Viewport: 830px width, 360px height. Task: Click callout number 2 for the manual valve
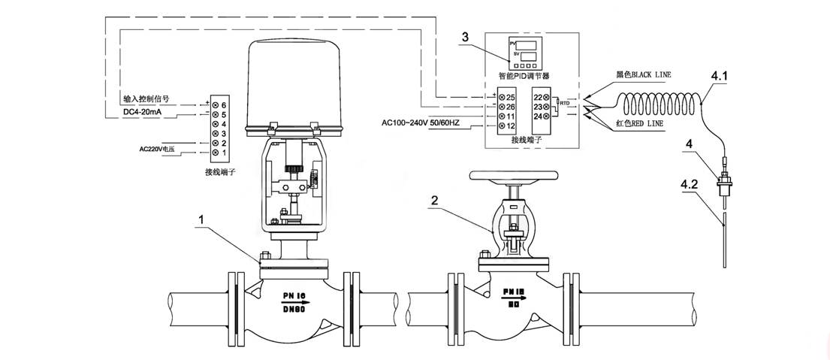(433, 200)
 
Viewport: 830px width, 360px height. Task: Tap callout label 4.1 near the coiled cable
(719, 76)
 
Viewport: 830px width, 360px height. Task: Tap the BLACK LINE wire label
(643, 75)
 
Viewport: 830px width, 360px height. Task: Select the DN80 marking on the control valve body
(294, 308)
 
